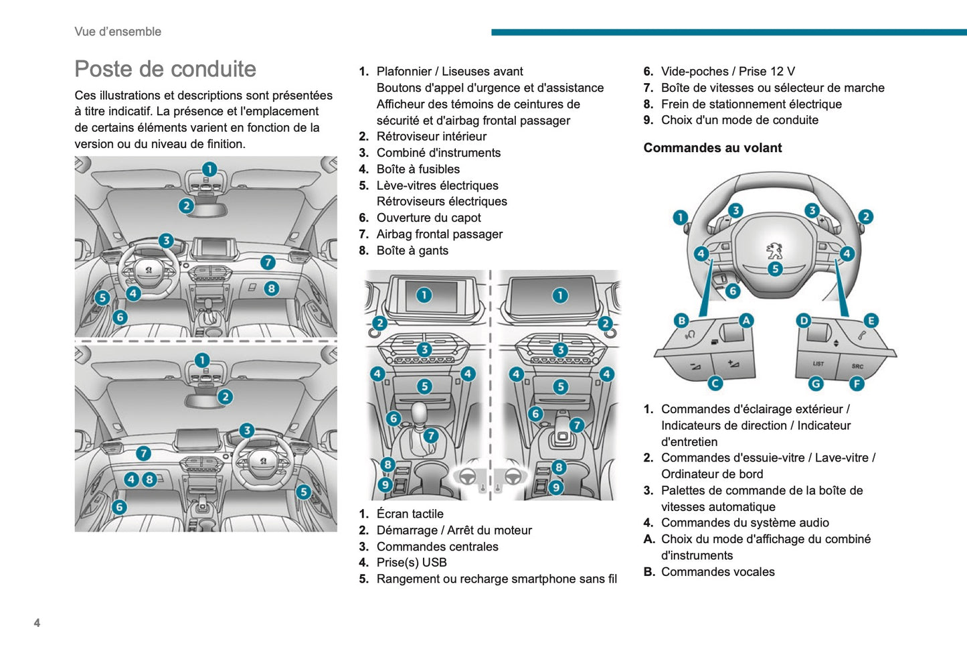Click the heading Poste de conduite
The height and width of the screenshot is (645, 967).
click(x=165, y=69)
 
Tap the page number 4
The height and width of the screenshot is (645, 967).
click(x=37, y=623)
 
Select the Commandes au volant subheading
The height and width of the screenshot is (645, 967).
click(x=712, y=148)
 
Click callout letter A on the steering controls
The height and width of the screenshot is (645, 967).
click(x=746, y=321)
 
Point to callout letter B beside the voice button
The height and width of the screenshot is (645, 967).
click(x=681, y=321)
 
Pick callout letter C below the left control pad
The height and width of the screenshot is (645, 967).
click(x=715, y=383)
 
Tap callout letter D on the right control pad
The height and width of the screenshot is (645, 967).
click(x=804, y=321)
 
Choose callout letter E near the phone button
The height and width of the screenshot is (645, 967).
click(x=871, y=321)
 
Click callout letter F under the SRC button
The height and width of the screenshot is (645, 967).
click(x=857, y=384)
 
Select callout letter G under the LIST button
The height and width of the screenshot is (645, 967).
click(x=816, y=384)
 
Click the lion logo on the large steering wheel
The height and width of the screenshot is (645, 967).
click(x=774, y=251)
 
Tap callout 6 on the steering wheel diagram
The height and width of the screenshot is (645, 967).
click(x=733, y=291)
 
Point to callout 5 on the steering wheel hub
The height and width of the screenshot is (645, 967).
click(x=775, y=269)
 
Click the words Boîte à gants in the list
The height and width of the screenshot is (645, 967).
click(x=412, y=250)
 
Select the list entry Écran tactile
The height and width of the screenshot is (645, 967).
click(x=410, y=514)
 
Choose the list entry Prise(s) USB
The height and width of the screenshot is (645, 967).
click(x=412, y=563)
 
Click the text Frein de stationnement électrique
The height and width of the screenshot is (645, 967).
click(x=751, y=104)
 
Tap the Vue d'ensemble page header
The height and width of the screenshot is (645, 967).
click(x=118, y=31)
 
